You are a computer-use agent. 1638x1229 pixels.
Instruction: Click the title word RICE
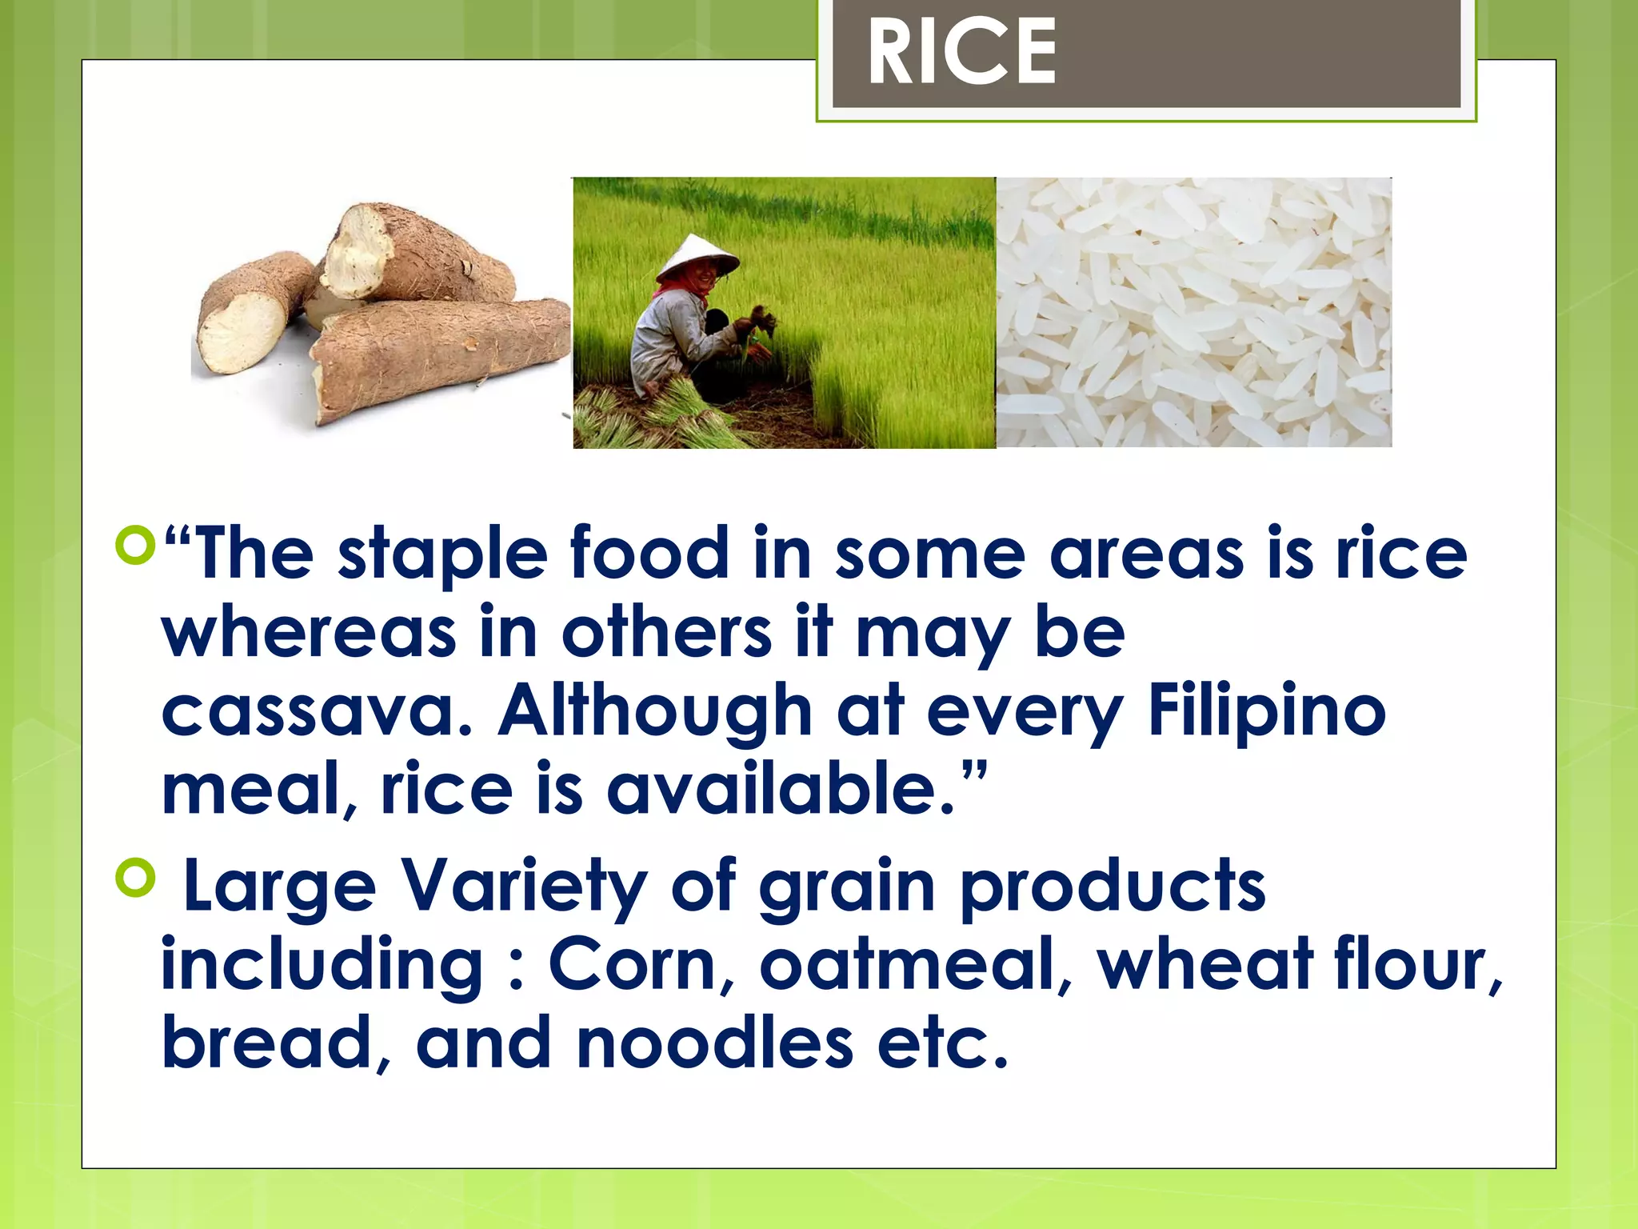pos(961,53)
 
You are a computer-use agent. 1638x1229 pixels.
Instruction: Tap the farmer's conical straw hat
pos(697,257)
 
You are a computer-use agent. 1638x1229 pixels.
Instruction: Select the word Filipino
pos(1266,711)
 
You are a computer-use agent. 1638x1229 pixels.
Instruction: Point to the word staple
pos(442,554)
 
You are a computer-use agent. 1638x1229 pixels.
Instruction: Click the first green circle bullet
pos(134,545)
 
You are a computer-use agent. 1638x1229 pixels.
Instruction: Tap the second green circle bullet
pos(134,878)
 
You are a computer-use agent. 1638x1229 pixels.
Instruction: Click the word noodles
pos(714,1043)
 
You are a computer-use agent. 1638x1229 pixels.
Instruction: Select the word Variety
pos(523,887)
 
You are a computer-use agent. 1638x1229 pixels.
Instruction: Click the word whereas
pos(309,633)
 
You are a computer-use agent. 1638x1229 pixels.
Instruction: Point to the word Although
pos(655,711)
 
